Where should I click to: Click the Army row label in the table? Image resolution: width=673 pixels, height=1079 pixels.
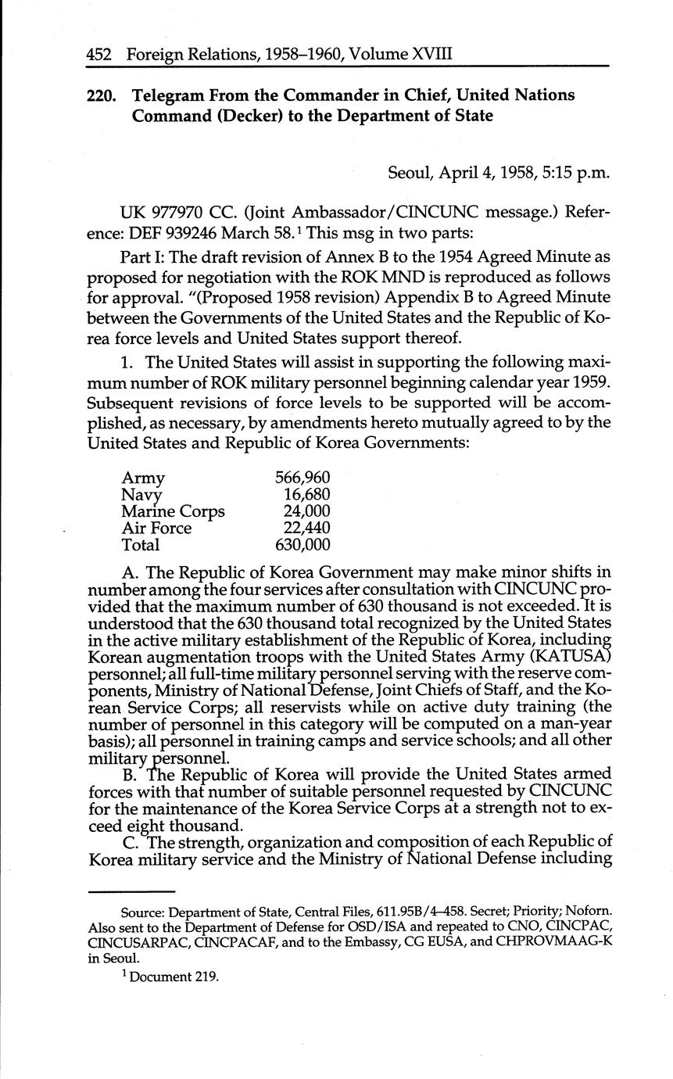point(143,478)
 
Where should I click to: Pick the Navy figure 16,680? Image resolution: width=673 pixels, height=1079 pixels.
point(306,495)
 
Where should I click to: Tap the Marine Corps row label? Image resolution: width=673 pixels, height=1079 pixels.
point(173,511)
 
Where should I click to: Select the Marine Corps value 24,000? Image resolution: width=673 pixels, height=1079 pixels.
point(306,511)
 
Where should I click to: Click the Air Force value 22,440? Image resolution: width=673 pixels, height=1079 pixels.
point(306,529)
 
